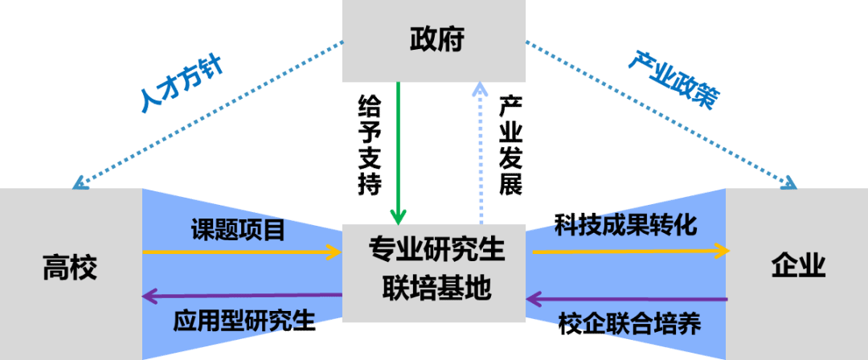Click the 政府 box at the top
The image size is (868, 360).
(x=434, y=40)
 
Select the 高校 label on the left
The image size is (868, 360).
(x=70, y=268)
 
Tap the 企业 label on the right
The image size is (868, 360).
(x=798, y=264)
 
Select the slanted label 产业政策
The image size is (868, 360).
(x=674, y=80)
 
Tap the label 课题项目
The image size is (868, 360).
(x=238, y=231)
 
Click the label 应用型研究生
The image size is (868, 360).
(x=244, y=321)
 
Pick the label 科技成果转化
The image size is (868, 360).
(x=626, y=225)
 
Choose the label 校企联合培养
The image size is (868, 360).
(x=629, y=324)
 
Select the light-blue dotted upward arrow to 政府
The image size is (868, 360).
(x=481, y=153)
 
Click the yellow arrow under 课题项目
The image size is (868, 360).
(x=241, y=252)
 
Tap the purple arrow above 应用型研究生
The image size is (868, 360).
(x=241, y=297)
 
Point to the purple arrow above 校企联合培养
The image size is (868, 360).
(x=627, y=299)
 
